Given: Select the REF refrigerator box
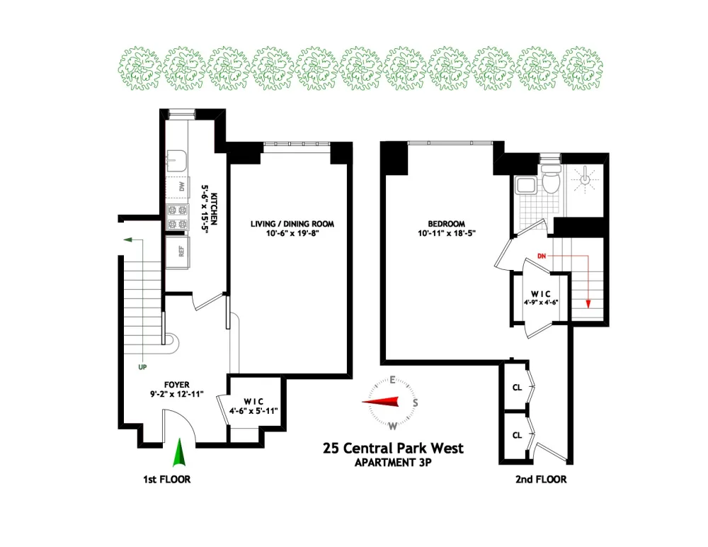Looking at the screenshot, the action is click(x=178, y=252).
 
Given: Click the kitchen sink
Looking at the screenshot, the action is click(x=177, y=162).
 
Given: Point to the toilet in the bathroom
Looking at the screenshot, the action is click(x=550, y=179).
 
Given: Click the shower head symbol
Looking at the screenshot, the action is click(x=585, y=179).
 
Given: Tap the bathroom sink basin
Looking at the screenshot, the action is click(x=525, y=186).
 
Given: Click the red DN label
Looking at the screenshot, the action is click(x=542, y=256).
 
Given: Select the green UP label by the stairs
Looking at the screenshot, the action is click(x=142, y=367).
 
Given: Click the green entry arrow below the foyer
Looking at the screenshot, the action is click(x=179, y=453).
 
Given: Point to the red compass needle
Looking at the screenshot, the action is click(x=381, y=402).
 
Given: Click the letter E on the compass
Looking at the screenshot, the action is click(x=393, y=380).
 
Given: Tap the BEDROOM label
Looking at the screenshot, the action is click(x=446, y=224).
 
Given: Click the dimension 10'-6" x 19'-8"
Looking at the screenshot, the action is click(x=292, y=234).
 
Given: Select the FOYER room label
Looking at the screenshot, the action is click(x=176, y=385).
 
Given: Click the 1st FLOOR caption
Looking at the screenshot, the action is click(x=166, y=479).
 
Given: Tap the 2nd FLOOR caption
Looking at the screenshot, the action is click(x=541, y=479).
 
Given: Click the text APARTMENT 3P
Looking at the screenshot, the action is click(x=393, y=463).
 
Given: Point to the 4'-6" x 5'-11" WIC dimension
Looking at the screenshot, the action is click(x=253, y=411).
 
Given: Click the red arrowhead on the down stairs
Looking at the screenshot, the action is click(x=588, y=304).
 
